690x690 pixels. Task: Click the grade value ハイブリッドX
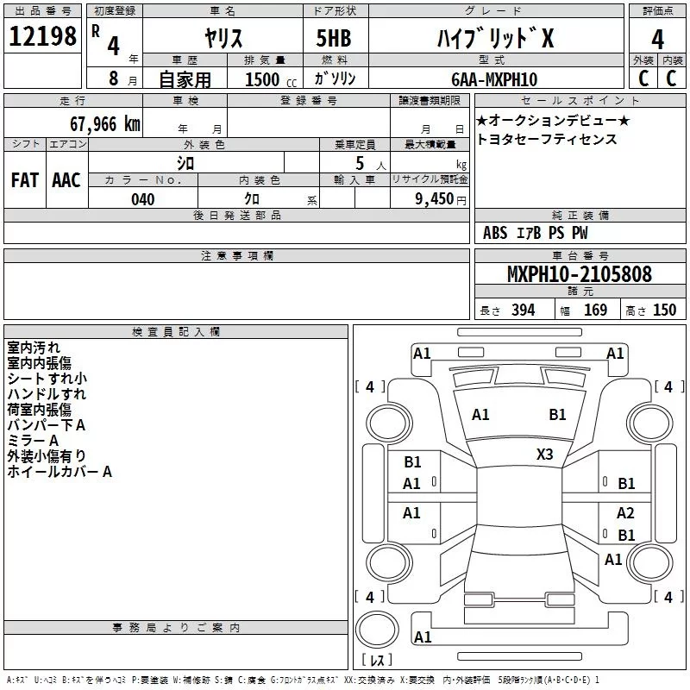tap(493, 38)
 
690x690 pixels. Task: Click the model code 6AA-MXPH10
tap(493, 79)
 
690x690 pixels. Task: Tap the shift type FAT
tap(25, 180)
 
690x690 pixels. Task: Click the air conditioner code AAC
tap(66, 180)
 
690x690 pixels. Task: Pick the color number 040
tap(142, 199)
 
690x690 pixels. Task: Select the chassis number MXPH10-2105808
tap(579, 275)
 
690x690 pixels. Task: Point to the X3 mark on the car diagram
tap(545, 455)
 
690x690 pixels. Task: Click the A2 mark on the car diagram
tap(625, 512)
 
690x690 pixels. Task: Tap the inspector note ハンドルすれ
tap(47, 394)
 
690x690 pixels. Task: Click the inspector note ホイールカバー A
tap(60, 472)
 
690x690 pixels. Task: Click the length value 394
tap(523, 310)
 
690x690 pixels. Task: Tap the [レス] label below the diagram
tap(376, 660)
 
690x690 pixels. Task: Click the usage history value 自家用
tap(185, 79)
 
